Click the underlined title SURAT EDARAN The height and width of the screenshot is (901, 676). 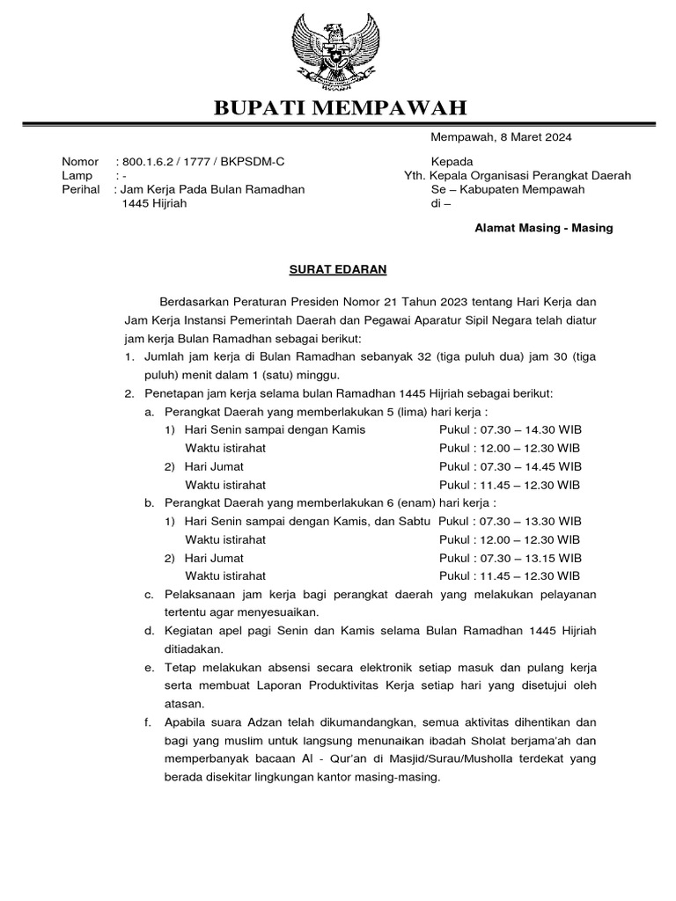(339, 268)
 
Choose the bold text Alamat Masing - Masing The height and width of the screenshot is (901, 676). (544, 228)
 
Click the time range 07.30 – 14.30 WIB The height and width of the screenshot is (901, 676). (528, 429)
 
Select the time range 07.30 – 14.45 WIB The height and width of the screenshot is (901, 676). (528, 466)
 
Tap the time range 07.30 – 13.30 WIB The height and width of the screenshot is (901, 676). (528, 521)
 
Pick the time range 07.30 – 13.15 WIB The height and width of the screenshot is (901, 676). (528, 558)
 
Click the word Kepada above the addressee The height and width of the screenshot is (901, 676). (452, 162)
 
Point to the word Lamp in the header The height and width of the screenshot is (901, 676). (77, 175)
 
